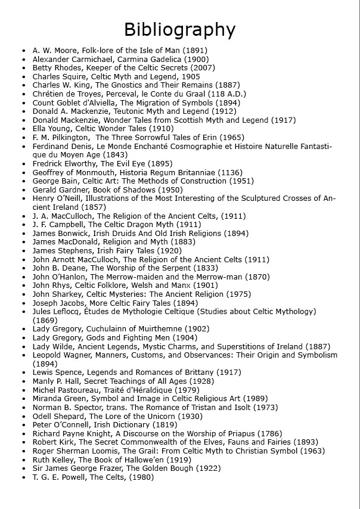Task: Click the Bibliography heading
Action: pyautogui.click(x=179, y=29)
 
